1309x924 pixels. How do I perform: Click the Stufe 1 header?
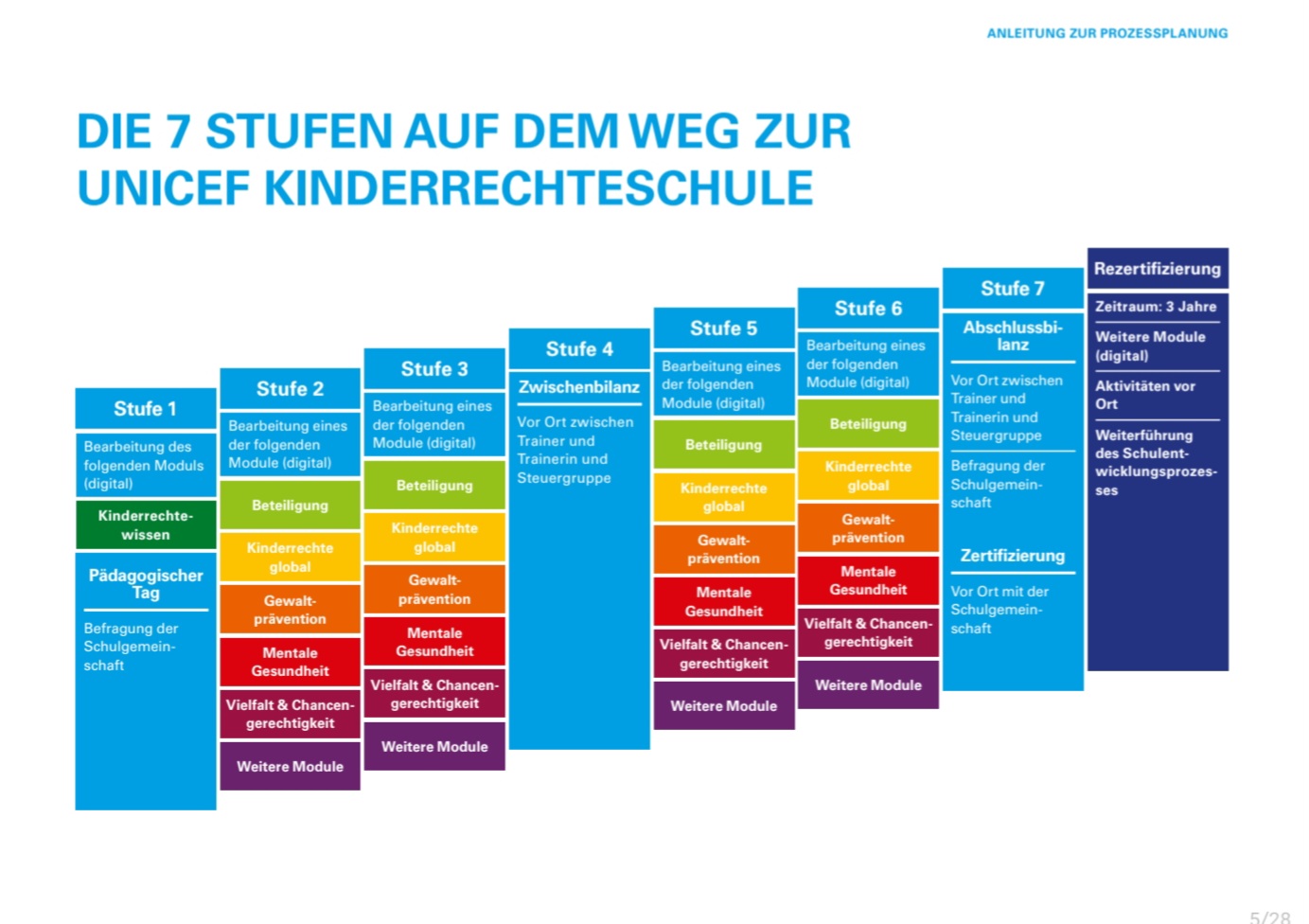pyautogui.click(x=146, y=409)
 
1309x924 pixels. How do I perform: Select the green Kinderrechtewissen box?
pyautogui.click(x=146, y=525)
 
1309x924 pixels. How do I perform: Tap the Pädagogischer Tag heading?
pyautogui.click(x=146, y=583)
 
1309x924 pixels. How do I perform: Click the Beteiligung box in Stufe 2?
pyautogui.click(x=290, y=506)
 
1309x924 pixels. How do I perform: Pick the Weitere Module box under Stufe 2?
pyautogui.click(x=290, y=767)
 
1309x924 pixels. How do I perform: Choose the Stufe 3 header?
pyautogui.click(x=434, y=369)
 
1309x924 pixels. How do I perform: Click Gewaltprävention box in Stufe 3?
pyautogui.click(x=434, y=590)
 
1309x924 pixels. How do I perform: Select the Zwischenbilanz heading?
pyautogui.click(x=579, y=387)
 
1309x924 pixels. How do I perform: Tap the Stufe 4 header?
pyautogui.click(x=579, y=349)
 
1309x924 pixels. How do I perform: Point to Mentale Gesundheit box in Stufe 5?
pyautogui.click(x=724, y=602)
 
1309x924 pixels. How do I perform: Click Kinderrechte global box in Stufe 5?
pyautogui.click(x=724, y=497)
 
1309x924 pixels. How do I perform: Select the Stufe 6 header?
pyautogui.click(x=868, y=309)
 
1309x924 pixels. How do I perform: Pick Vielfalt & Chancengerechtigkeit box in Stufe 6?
pyautogui.click(x=868, y=632)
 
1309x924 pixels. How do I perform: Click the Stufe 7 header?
pyautogui.click(x=1013, y=289)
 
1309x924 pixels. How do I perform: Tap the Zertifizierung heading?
pyautogui.click(x=1013, y=556)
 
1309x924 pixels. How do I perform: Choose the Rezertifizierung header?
pyautogui.click(x=1158, y=269)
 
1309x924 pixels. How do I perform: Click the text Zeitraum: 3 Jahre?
pyautogui.click(x=1156, y=307)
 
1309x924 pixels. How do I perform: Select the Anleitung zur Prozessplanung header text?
pyautogui.click(x=1107, y=33)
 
